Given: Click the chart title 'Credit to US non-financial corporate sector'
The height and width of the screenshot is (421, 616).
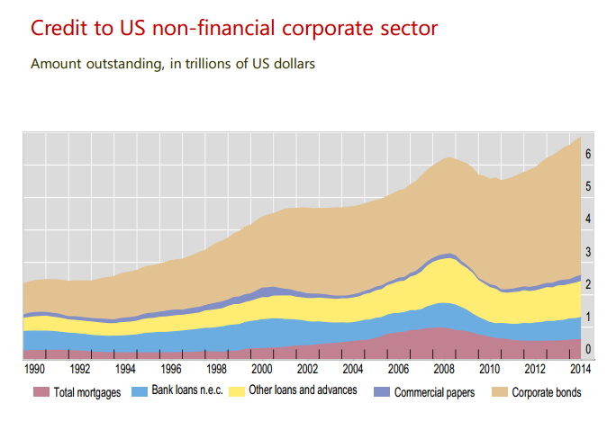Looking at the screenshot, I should tap(234, 28).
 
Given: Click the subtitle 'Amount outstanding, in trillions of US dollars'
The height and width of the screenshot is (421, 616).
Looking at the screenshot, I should tap(172, 65).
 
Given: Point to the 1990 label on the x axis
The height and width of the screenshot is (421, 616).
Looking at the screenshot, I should tap(34, 369).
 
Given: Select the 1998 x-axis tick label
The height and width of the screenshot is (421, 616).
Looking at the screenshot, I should tap(216, 369).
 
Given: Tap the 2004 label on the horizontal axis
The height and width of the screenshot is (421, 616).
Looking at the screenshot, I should tap(353, 369).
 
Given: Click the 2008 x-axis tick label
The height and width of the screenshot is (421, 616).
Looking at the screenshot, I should tap(444, 369).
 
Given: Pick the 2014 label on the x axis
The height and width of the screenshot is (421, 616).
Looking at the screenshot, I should tap(581, 369).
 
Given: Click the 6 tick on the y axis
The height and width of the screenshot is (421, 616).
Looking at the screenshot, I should tap(587, 155).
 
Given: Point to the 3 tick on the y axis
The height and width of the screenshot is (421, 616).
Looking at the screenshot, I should tap(587, 252).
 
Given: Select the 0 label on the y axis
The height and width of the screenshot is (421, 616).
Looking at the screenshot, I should tap(587, 349).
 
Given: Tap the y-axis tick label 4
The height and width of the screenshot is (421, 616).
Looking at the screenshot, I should tap(587, 219).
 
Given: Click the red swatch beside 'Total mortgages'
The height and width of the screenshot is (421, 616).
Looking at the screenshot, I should tap(41, 392).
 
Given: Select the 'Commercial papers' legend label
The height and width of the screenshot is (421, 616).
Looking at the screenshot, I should tap(435, 392).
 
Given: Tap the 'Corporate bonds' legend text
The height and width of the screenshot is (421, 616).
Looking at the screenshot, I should tap(546, 392).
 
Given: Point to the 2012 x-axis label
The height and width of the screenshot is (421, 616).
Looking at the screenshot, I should tap(535, 369).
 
